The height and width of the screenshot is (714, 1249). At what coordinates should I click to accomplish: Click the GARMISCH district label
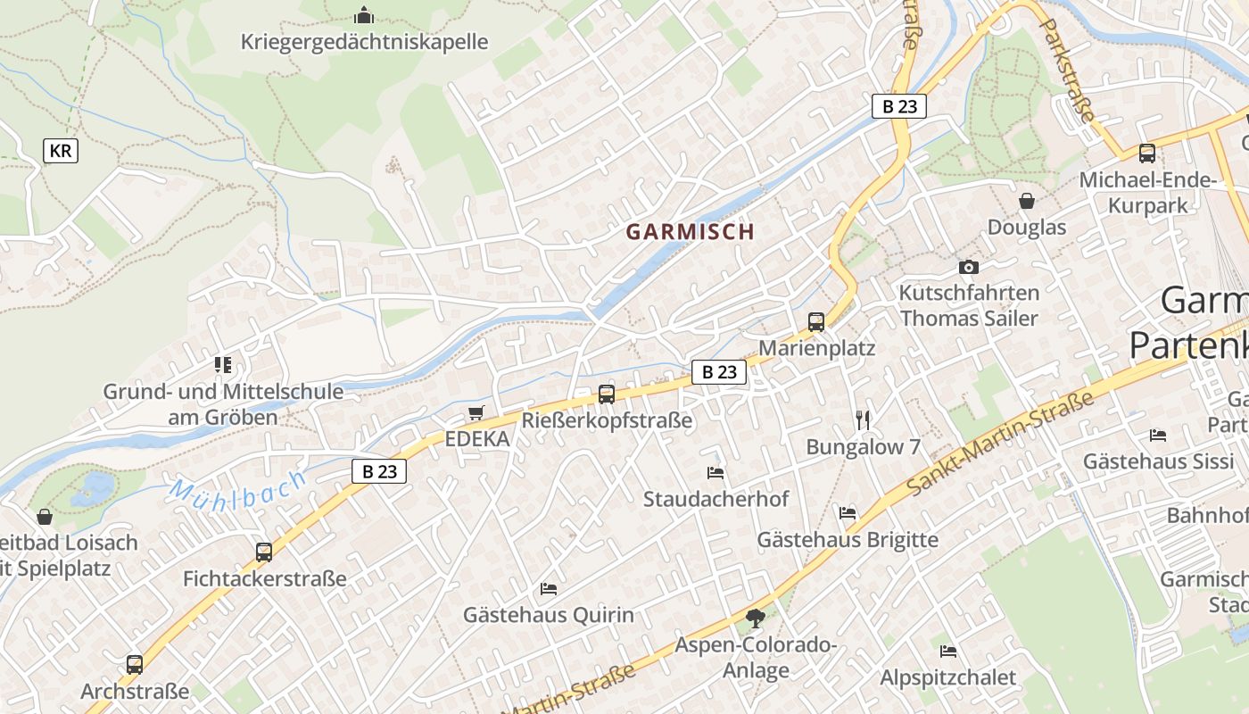(x=690, y=232)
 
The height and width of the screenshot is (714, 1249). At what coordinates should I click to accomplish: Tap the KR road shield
(x=61, y=151)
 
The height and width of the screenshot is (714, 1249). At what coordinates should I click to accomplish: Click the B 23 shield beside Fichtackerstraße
(x=379, y=471)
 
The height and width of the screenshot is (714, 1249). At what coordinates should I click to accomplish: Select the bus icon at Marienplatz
(x=816, y=322)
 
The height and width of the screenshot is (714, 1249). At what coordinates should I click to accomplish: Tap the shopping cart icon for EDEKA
(x=476, y=413)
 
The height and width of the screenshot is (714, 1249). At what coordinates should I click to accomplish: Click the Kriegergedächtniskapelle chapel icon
(x=363, y=15)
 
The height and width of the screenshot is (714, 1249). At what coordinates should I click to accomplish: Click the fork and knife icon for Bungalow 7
(x=863, y=420)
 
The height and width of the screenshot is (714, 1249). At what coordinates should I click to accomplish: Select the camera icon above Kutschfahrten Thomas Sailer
(x=968, y=267)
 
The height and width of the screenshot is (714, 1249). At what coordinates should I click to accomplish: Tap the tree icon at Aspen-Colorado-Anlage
(x=756, y=618)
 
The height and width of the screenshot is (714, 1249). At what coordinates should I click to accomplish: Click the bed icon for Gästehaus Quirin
(x=549, y=589)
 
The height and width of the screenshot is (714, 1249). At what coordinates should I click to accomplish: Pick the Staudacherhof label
(x=716, y=499)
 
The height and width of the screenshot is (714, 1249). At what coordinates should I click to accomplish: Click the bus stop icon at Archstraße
(x=135, y=665)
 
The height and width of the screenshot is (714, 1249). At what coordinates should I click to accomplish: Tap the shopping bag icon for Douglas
(x=1027, y=201)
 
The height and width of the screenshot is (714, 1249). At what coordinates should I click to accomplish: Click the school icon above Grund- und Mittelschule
(x=223, y=365)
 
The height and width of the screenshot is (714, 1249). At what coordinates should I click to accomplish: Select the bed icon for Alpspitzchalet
(x=947, y=652)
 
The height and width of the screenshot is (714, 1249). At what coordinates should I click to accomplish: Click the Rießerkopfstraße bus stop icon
(x=607, y=394)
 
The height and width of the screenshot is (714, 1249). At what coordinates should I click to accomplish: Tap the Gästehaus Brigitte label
(x=848, y=540)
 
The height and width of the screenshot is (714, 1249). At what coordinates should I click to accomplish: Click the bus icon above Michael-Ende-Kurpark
(x=1147, y=154)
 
